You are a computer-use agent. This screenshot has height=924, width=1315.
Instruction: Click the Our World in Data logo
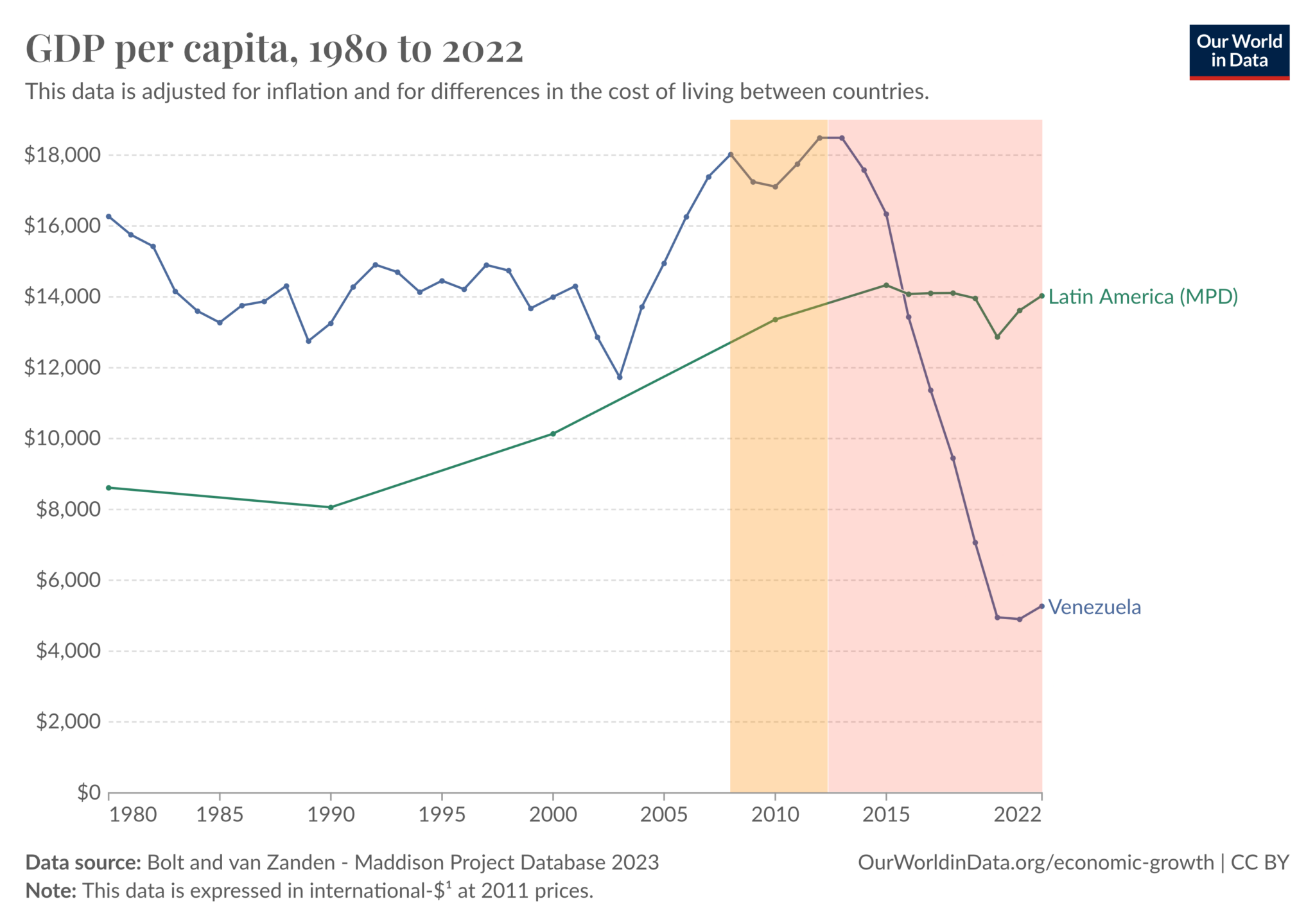pos(1239,52)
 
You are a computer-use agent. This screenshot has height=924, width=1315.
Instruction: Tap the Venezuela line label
pos(1094,607)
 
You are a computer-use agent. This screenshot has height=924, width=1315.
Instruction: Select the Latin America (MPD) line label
pos(1143,296)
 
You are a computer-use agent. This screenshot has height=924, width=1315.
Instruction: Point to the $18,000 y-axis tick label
pos(62,155)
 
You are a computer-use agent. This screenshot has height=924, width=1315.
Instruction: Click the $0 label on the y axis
pos(89,792)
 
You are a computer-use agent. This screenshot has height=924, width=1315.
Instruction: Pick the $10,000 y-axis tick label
pos(62,438)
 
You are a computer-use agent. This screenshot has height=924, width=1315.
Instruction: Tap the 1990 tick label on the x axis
pos(331,815)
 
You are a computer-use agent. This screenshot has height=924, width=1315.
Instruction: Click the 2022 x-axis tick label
pos(1018,815)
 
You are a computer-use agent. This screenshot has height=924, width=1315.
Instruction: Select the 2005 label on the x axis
pos(664,815)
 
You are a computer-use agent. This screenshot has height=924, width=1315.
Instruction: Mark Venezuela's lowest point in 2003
pos(620,377)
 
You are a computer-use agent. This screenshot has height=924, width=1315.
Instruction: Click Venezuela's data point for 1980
pos(109,216)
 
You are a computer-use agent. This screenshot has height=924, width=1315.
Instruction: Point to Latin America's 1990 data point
pos(331,508)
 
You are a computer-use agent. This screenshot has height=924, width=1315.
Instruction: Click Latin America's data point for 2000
pos(553,434)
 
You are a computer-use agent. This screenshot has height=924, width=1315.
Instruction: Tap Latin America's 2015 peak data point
pos(886,285)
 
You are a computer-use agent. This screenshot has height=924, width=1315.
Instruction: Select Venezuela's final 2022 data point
pos(1041,606)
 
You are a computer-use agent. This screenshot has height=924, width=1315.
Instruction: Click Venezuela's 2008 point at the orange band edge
pos(730,155)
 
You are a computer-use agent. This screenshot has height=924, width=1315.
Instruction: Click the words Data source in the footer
pos(83,862)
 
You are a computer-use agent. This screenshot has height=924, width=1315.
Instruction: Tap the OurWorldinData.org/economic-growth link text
pos(1035,862)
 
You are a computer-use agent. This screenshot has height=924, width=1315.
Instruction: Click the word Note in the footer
pos(50,891)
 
